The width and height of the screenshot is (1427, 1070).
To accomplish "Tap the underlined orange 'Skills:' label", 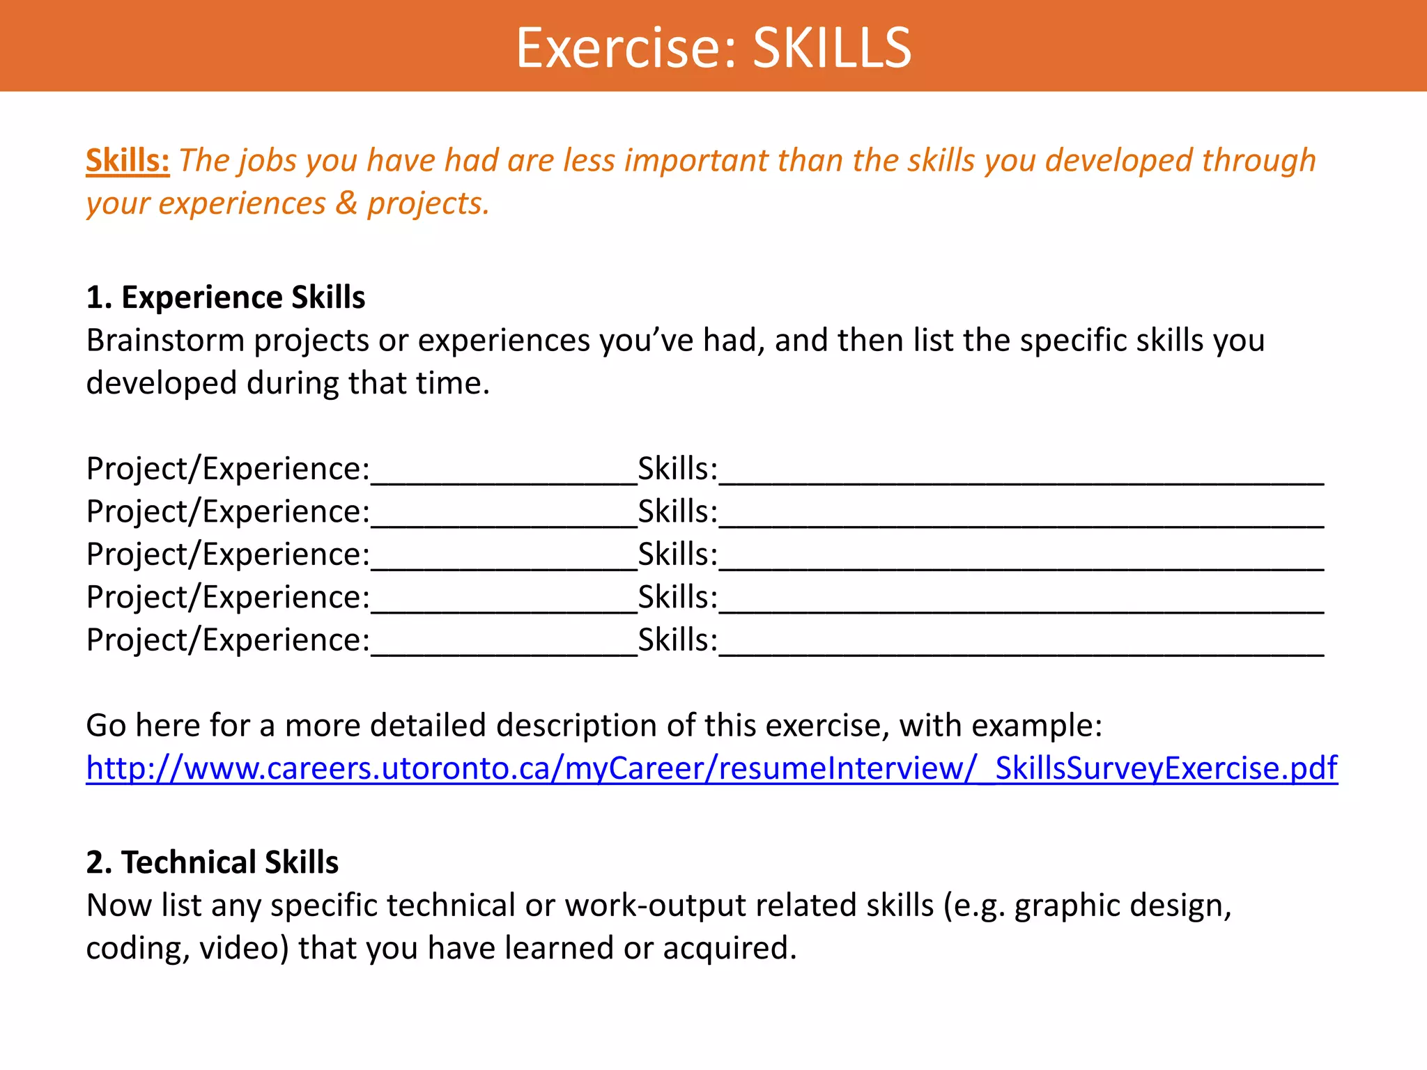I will pyautogui.click(x=128, y=160).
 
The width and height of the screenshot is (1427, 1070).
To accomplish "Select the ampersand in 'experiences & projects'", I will pyautogui.click(x=346, y=203).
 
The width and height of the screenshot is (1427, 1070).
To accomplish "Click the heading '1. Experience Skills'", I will pyautogui.click(x=225, y=297).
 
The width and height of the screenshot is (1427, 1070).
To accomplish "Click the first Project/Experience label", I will pyautogui.click(x=228, y=469).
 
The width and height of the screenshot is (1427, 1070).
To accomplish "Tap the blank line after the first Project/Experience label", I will pyautogui.click(x=504, y=474).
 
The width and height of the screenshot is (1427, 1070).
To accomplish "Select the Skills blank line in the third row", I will pyautogui.click(x=1021, y=559).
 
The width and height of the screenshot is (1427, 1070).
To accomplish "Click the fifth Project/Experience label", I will pyautogui.click(x=228, y=640).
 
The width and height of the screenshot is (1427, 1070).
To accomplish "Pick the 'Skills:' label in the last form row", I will pyautogui.click(x=677, y=640).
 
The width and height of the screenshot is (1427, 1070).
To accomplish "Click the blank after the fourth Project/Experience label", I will pyautogui.click(x=504, y=603).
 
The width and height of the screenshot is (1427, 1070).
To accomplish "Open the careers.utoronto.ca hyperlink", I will pyautogui.click(x=711, y=768).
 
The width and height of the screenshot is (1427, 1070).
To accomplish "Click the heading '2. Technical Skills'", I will pyautogui.click(x=212, y=862).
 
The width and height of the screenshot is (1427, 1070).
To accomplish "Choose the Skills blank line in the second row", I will pyautogui.click(x=1021, y=517).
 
